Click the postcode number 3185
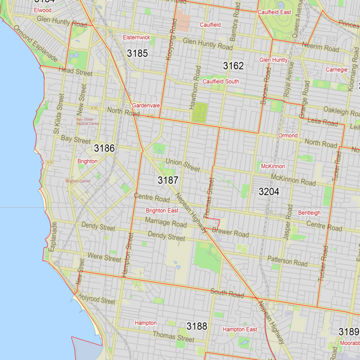(x=137, y=54)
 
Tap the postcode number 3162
(x=233, y=66)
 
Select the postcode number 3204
(x=269, y=192)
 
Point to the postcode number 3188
(x=197, y=326)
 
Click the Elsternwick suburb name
(x=136, y=37)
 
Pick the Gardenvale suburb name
(x=146, y=105)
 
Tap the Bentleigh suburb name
(x=309, y=212)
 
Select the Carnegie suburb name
(x=337, y=70)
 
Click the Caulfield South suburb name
(x=220, y=81)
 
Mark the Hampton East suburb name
(x=240, y=329)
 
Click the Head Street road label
(x=76, y=71)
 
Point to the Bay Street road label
(x=76, y=140)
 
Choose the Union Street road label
(x=182, y=165)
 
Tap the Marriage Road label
(x=166, y=222)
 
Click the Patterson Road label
(x=287, y=261)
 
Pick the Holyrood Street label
(x=96, y=298)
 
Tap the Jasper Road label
(x=287, y=224)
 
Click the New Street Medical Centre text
(x=88, y=121)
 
